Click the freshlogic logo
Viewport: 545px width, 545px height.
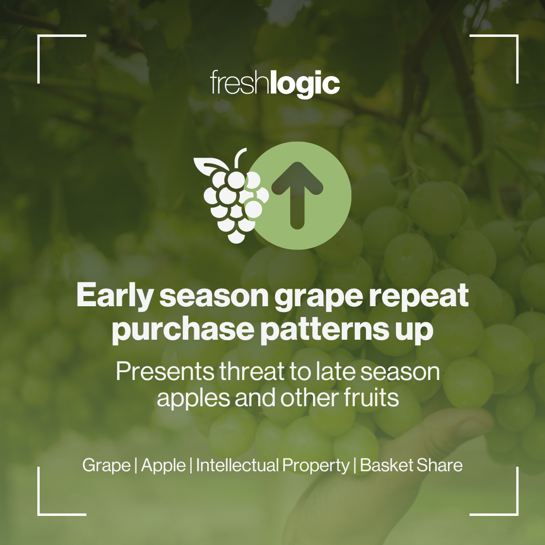275,84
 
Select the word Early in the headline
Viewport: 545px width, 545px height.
114,296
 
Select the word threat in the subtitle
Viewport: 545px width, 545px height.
251,372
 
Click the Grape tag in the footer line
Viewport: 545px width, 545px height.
106,465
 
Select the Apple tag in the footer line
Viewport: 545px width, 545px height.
163,465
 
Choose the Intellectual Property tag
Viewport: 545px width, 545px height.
272,465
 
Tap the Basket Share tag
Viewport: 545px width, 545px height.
411,465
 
